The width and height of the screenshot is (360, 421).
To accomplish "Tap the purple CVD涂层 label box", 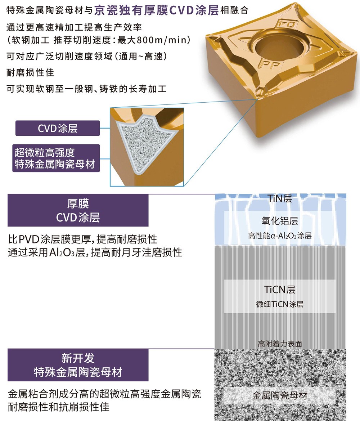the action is point(58,128).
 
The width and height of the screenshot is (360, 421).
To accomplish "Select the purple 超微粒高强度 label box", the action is point(56,158).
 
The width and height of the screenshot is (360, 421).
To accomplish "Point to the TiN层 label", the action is point(279,199).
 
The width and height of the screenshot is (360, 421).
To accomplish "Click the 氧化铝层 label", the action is point(280,221).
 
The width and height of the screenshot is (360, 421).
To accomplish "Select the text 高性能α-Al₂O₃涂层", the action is point(280,236).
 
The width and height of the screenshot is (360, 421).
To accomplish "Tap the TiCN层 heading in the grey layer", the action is point(280,290).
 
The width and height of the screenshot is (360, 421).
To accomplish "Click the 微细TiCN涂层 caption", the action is point(280,304).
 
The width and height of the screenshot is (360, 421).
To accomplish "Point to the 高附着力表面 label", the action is point(280,344).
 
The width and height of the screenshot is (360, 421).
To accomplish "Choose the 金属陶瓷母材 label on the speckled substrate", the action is point(280,395).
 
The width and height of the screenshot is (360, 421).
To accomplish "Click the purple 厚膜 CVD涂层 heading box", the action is point(78,210).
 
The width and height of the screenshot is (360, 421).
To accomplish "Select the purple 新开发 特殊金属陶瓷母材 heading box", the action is point(78,365).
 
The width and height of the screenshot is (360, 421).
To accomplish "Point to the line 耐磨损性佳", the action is point(30,72).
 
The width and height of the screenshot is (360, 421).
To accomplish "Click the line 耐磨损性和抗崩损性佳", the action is point(59,407).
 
